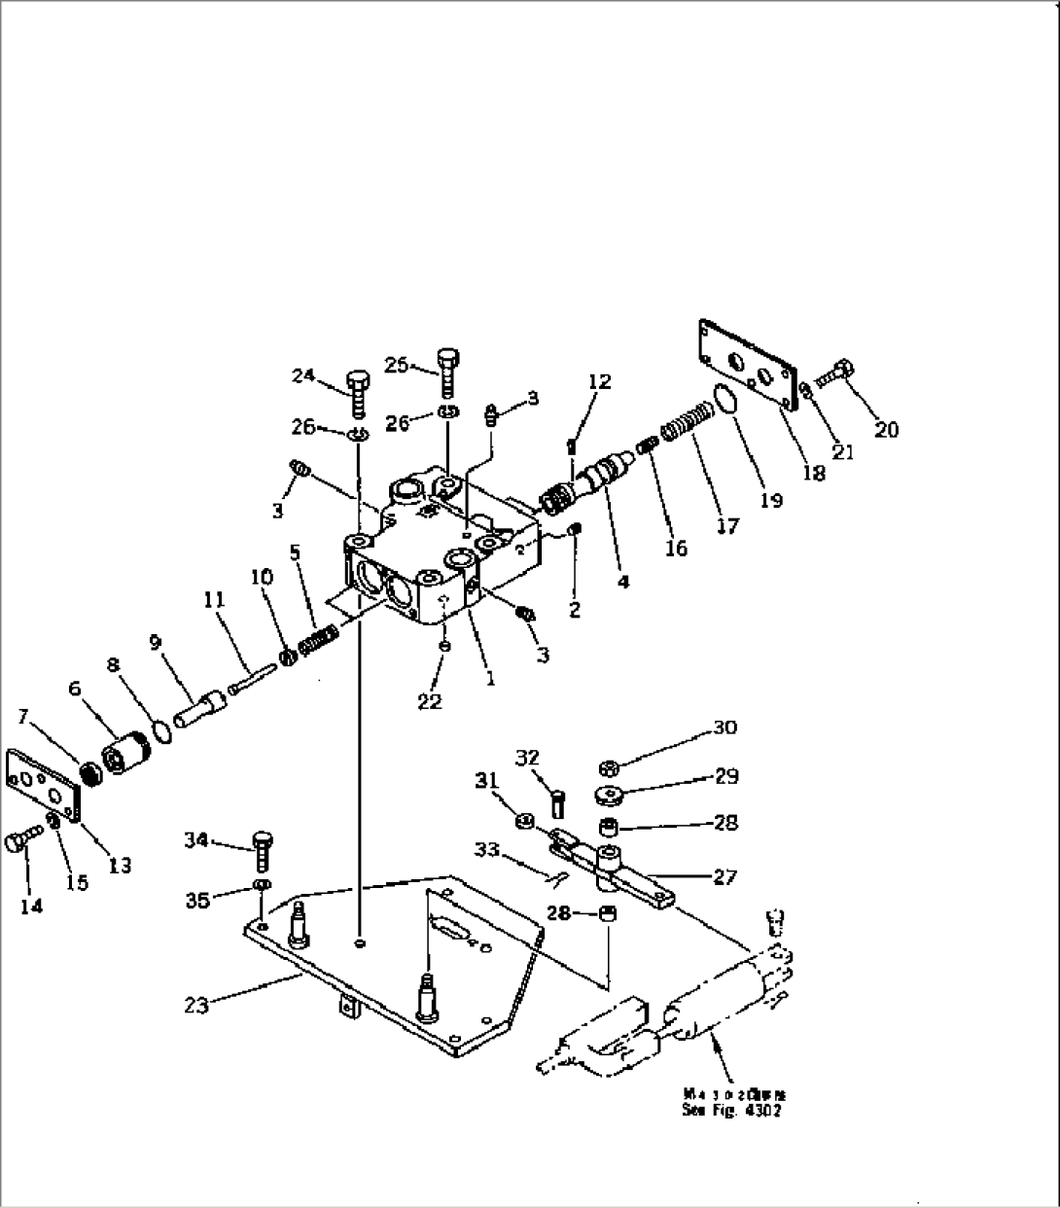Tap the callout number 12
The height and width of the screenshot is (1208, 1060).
click(599, 381)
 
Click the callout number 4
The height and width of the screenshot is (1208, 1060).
click(623, 581)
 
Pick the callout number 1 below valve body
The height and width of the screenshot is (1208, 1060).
click(490, 679)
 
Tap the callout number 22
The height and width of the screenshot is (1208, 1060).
click(429, 700)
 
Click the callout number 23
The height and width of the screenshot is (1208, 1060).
click(196, 1005)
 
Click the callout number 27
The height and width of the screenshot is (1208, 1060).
click(724, 876)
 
